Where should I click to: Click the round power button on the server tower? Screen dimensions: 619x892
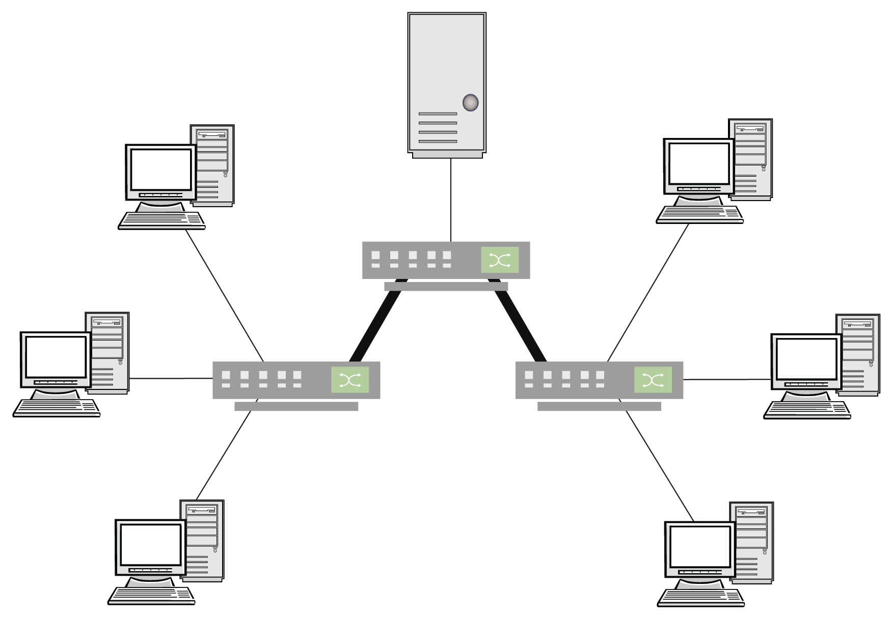470,103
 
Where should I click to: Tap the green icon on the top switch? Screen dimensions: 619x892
499,260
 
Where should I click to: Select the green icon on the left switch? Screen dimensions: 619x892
349,380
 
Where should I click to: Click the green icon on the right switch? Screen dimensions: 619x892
653,380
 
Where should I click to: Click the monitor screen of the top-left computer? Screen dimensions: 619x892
161,170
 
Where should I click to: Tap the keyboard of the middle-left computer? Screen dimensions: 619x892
56,408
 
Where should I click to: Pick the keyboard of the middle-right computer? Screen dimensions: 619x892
807,409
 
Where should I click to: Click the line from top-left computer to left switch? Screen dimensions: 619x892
224,295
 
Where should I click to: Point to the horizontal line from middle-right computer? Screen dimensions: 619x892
726,379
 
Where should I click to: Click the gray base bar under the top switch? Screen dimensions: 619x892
446,287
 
